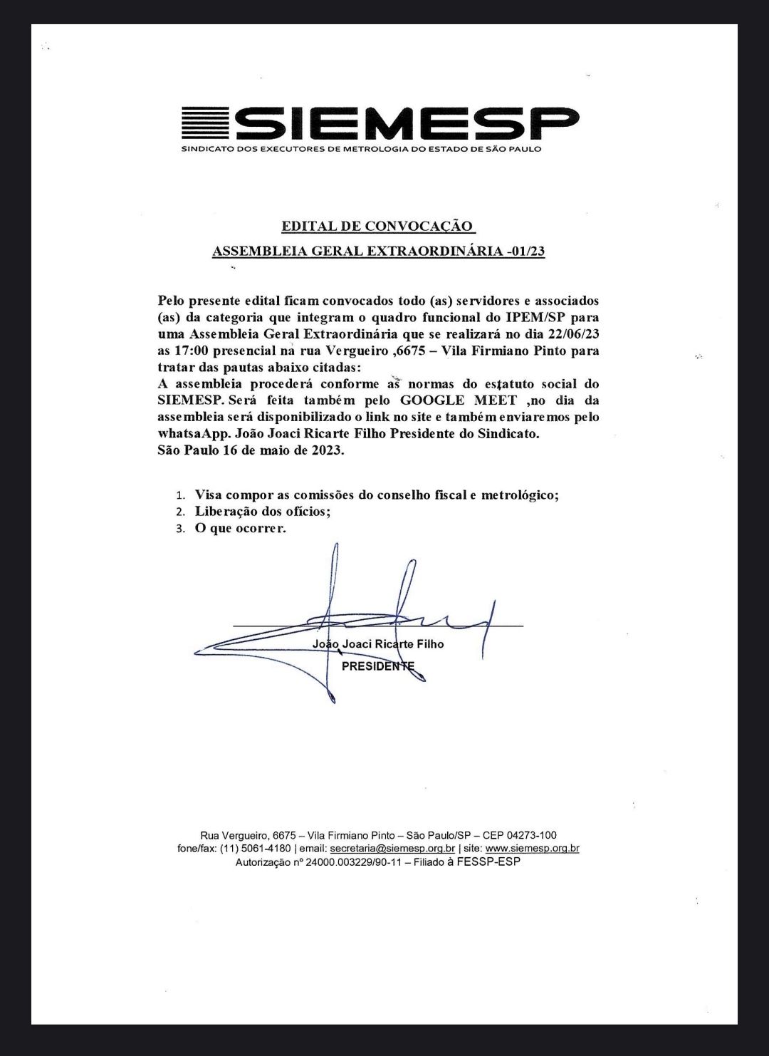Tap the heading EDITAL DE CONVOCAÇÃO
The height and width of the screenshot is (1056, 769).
[377, 227]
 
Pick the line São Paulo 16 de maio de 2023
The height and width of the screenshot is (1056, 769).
[251, 450]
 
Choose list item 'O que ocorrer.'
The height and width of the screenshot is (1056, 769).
[240, 528]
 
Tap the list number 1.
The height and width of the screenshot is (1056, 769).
[181, 495]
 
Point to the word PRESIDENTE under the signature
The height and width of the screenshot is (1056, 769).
[377, 667]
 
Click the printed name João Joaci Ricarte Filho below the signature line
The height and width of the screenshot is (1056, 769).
[377, 644]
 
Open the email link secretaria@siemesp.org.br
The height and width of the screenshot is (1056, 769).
[392, 848]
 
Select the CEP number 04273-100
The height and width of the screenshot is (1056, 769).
[529, 834]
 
